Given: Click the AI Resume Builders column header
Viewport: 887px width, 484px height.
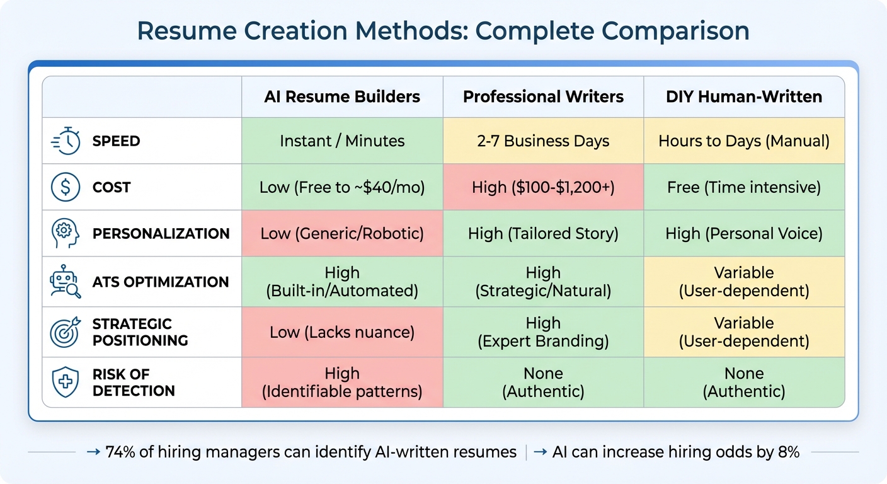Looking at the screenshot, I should [342, 97].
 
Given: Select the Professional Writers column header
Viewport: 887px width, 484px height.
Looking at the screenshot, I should [543, 97].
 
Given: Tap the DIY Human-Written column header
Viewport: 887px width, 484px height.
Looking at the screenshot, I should [744, 97].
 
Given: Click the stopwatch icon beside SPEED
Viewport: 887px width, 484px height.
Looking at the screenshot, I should [66, 141].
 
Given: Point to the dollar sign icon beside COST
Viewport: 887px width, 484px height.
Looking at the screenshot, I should [66, 187].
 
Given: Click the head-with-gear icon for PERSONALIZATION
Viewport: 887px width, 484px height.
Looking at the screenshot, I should [66, 234].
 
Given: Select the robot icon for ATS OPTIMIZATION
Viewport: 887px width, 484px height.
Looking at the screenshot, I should [66, 282].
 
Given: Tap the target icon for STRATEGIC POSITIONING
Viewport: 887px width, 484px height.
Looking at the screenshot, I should [66, 332].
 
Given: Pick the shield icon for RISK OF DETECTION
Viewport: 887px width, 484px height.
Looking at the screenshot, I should [66, 383].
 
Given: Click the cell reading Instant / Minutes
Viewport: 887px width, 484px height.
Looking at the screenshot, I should [342, 141].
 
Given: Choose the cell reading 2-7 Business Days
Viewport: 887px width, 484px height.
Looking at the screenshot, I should [543, 141].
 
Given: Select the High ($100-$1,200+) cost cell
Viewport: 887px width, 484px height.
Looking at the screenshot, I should [543, 187].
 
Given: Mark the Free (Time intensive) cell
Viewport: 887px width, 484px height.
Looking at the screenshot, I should [744, 187].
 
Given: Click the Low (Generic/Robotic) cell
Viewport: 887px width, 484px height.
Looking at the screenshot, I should [342, 234].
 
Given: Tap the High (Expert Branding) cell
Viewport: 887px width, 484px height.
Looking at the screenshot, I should [543, 332].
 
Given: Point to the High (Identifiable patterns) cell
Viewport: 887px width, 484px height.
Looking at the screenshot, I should [342, 383].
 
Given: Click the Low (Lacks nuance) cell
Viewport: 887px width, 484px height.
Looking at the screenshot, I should [342, 332].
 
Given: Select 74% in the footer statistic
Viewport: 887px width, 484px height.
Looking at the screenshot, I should [120, 452].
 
